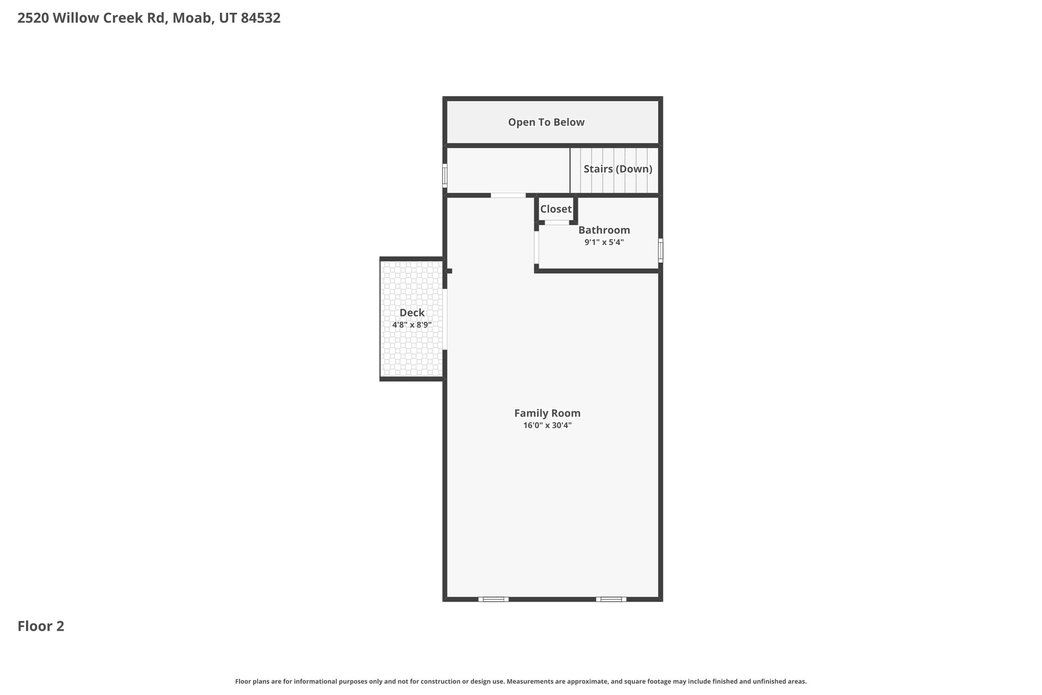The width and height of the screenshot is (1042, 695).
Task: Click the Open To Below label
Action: (x=546, y=122)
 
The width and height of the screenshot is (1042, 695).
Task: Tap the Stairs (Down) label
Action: (x=618, y=169)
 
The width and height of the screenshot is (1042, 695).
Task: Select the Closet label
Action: (x=556, y=209)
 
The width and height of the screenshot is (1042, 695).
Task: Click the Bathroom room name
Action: (x=604, y=230)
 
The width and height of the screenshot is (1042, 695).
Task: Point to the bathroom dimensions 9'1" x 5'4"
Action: (x=604, y=242)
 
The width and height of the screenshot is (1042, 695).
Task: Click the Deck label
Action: (x=412, y=313)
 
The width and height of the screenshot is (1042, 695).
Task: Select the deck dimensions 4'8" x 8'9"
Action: (x=412, y=325)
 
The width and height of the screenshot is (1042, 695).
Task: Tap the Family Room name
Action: (x=547, y=413)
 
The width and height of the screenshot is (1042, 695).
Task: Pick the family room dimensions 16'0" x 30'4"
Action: (x=547, y=426)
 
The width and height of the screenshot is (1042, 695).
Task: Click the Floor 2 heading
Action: (x=41, y=626)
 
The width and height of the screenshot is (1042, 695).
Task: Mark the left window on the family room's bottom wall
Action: (x=493, y=599)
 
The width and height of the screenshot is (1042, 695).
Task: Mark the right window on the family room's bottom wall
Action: (x=611, y=599)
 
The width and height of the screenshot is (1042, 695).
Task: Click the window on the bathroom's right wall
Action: (x=660, y=251)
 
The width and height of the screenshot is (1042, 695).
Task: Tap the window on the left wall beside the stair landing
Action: (x=445, y=176)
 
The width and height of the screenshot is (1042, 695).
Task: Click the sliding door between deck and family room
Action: (x=445, y=319)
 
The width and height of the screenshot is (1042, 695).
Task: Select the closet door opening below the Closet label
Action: (x=557, y=223)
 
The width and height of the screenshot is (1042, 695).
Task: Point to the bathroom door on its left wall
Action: (x=536, y=247)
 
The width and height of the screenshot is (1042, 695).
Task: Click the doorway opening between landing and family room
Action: (x=508, y=196)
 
